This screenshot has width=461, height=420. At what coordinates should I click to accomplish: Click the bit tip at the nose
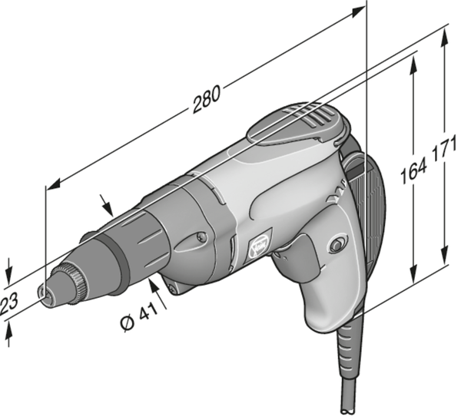(45, 290)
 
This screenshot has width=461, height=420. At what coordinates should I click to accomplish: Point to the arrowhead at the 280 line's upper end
(360, 9)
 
